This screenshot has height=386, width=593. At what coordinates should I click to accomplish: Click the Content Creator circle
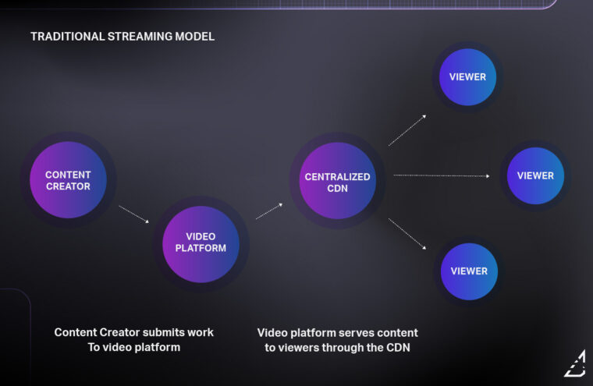click(68, 180)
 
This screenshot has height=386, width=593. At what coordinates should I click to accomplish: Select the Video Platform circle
click(201, 242)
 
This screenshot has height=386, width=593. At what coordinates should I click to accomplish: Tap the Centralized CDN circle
click(338, 182)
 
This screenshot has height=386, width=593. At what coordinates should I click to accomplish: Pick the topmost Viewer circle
click(467, 76)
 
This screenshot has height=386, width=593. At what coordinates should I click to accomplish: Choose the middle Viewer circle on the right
click(535, 175)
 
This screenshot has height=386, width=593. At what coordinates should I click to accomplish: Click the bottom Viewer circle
click(469, 271)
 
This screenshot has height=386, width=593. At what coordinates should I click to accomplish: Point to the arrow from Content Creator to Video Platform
click(133, 214)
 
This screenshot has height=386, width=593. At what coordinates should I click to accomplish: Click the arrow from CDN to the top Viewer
click(407, 129)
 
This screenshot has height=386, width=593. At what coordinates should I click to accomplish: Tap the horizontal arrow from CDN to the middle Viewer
click(442, 175)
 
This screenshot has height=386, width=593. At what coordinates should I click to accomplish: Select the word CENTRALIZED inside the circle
click(337, 176)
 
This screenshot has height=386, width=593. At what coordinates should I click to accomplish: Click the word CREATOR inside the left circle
click(68, 186)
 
